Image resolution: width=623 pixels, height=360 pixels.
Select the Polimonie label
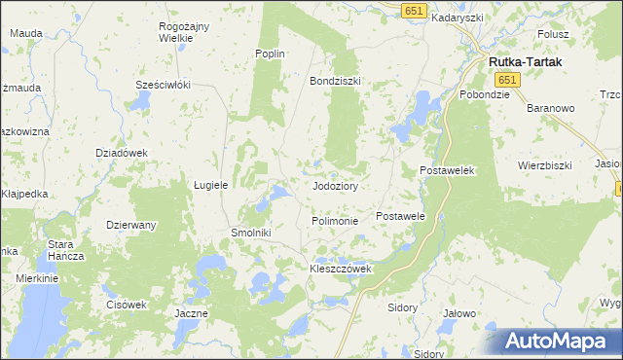pyautogui.click(x=335, y=221)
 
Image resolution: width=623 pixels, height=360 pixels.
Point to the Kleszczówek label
pyautogui.click(x=341, y=268)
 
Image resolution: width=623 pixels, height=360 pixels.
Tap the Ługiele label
pyautogui.click(x=210, y=184)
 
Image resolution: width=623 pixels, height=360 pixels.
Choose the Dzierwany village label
pyautogui.click(x=131, y=225)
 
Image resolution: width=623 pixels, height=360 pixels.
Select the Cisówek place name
pyautogui.click(x=127, y=304)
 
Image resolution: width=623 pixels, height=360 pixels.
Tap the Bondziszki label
pyautogui.click(x=335, y=81)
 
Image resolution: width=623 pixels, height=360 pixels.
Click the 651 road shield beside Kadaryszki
pyautogui.click(x=415, y=9)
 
